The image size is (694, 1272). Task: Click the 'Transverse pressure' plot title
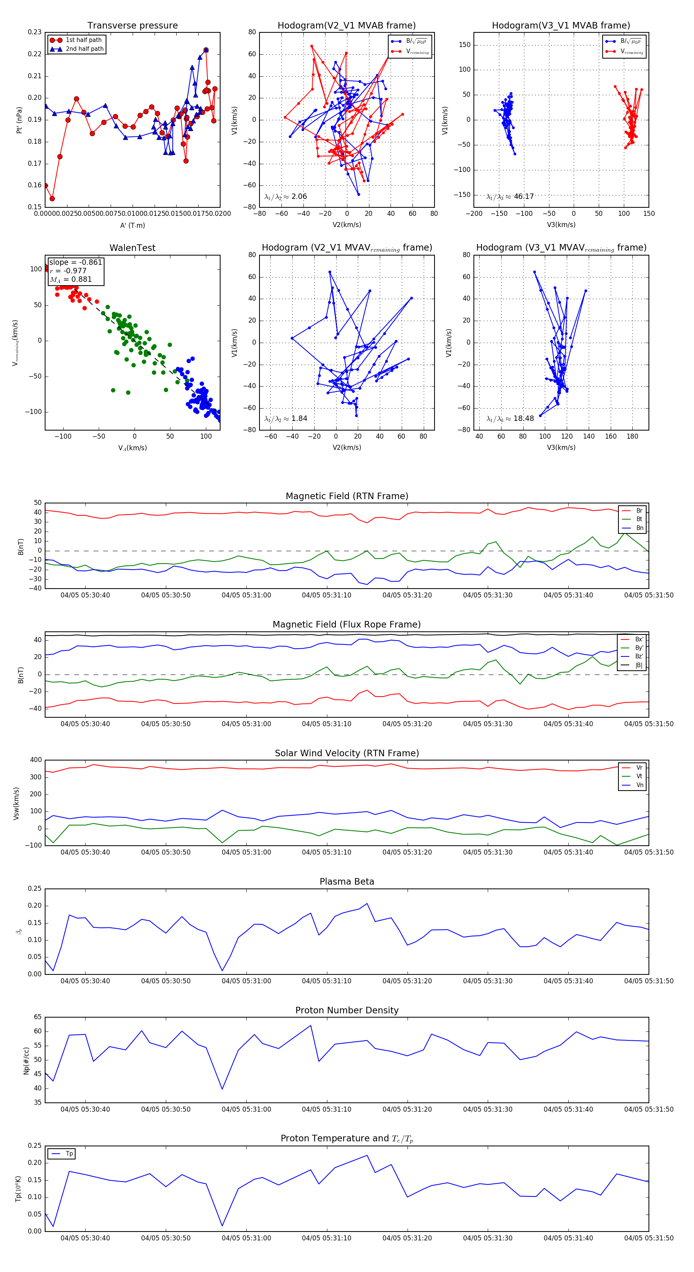tap(132, 26)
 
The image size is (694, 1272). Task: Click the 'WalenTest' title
tap(132, 248)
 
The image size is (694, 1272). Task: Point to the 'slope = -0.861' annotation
tap(76, 262)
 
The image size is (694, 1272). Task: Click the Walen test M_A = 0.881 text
tap(71, 279)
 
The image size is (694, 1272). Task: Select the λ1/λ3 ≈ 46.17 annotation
tap(510, 197)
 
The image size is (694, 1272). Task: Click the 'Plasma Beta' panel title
tap(347, 882)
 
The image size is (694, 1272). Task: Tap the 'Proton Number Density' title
tap(347, 1010)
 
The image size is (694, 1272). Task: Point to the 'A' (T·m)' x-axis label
tap(132, 225)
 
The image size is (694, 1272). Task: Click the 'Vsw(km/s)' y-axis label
tap(16, 803)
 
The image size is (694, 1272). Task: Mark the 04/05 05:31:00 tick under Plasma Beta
tap(246, 981)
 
